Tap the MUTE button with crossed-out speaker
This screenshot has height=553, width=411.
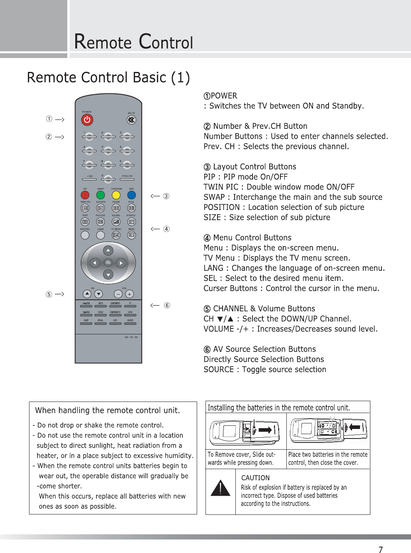coord(131,120)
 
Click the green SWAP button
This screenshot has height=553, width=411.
coord(100,195)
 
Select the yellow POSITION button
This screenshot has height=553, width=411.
coord(116,195)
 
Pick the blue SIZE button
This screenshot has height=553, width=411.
coord(131,195)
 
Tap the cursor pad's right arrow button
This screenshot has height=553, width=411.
coord(121,263)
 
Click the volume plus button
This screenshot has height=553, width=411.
coord(129,294)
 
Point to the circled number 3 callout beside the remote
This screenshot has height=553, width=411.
coord(166,196)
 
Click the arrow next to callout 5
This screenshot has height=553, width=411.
coord(59,295)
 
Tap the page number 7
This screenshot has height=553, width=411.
coord(381,549)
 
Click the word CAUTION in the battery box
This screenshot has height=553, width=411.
coord(255,478)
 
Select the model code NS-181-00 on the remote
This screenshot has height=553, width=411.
coord(131,337)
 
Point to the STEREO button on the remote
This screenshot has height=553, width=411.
coord(131,222)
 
